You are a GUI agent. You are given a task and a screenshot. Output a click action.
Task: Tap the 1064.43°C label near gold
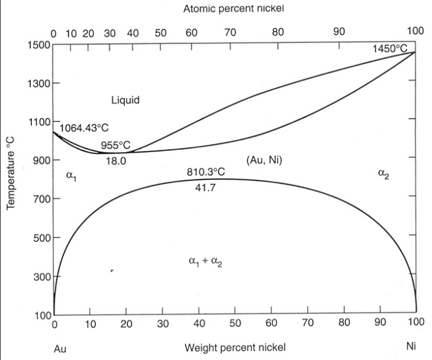coord(84,127)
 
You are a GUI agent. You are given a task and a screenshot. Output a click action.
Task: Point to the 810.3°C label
coord(206,172)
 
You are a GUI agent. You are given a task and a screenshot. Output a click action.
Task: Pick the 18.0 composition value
coord(116,161)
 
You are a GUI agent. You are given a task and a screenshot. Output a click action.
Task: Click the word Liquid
coord(125,100)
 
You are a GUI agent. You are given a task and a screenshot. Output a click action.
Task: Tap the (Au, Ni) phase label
coord(264,160)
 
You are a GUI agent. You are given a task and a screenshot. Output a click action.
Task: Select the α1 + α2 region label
coord(206,261)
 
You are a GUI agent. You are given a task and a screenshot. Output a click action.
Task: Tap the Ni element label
coord(412,347)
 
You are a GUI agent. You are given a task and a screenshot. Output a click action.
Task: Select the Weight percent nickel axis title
coord(235,348)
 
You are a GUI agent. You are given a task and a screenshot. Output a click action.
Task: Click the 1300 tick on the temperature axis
coord(37,83)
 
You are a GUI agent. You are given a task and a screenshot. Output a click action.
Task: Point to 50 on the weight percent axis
coord(235,323)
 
